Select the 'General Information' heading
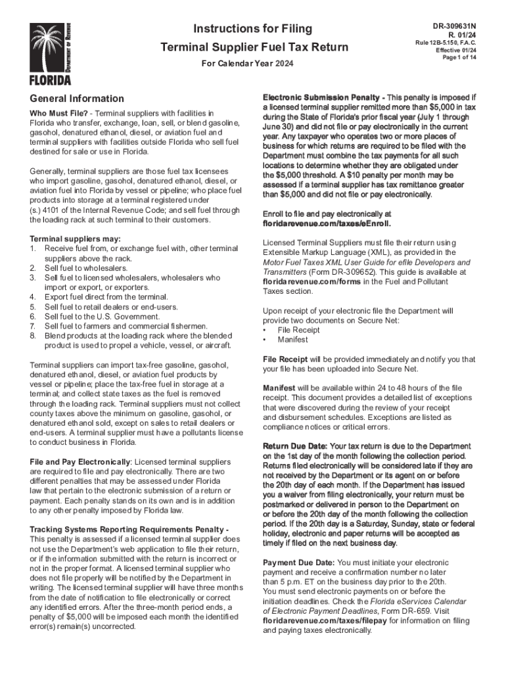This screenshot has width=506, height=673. point(76,99)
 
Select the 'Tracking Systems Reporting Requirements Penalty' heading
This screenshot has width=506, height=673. point(128,529)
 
